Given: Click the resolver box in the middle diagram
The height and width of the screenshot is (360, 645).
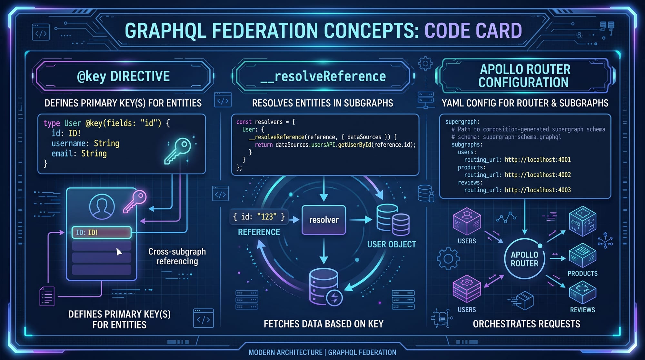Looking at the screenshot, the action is (x=323, y=220).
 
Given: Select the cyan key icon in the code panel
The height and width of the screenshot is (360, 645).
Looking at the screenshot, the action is (x=178, y=151).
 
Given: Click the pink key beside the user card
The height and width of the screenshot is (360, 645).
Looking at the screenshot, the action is (x=135, y=201).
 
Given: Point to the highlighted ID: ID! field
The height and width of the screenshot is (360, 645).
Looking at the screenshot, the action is (x=102, y=232).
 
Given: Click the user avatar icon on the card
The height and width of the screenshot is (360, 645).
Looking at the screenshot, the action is (x=102, y=207).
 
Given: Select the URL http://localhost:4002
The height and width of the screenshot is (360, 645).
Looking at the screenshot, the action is (x=538, y=175).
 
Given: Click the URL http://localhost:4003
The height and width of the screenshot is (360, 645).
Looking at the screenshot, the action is (x=538, y=190).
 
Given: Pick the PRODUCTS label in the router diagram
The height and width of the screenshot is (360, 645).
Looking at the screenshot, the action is (x=582, y=274).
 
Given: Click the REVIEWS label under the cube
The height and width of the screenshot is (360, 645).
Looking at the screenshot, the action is (x=582, y=310).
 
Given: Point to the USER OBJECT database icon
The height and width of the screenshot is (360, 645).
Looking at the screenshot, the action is (x=393, y=220).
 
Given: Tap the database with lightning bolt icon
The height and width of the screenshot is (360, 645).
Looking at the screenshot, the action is (x=325, y=287).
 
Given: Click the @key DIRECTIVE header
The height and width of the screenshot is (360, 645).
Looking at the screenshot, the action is (x=123, y=76).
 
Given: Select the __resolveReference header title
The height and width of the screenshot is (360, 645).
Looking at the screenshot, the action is (x=323, y=76).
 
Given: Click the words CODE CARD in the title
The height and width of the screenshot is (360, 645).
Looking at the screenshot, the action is (x=473, y=31).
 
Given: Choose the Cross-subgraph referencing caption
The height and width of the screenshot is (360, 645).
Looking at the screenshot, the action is (x=177, y=256).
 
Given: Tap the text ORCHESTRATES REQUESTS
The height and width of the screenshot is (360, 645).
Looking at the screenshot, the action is (x=526, y=324).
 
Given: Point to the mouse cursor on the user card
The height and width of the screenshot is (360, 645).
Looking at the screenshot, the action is (x=119, y=252).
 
